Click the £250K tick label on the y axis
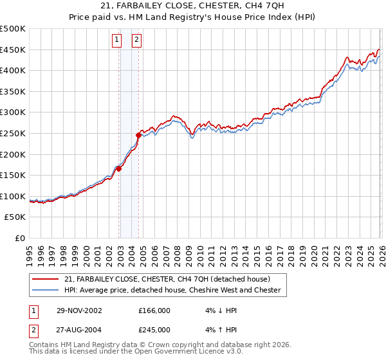point(13,133)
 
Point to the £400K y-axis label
point(13,71)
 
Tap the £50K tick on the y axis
point(15,217)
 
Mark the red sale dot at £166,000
point(119,169)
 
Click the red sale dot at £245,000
point(138,135)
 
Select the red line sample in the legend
point(46,279)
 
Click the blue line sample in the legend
point(46,291)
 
